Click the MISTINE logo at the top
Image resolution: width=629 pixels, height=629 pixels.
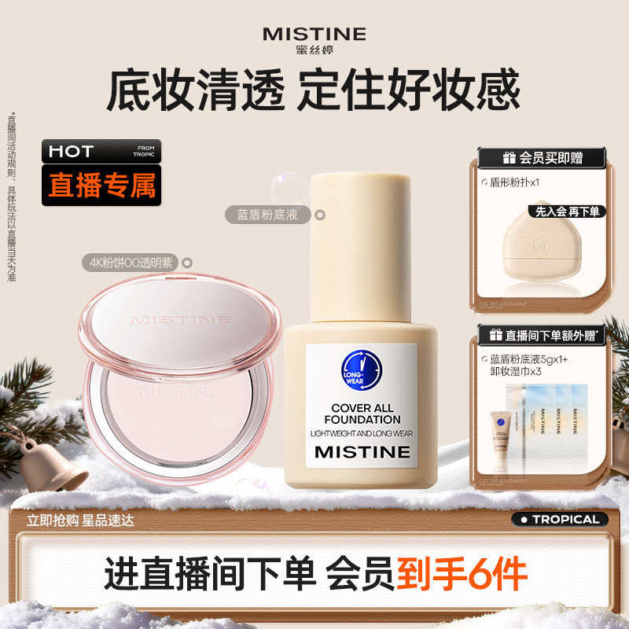pos(314,34)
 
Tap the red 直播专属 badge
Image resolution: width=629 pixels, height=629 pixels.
pos(101,185)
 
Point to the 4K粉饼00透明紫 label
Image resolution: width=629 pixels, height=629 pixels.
pos(132,263)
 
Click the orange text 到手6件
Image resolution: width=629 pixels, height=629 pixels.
pos(462,576)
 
